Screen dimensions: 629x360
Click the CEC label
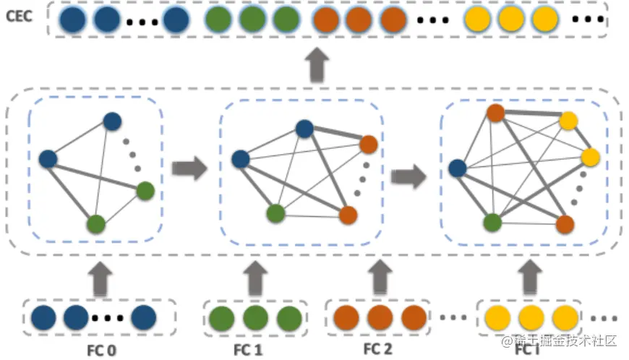click(x=19, y=17)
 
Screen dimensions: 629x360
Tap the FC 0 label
click(x=101, y=351)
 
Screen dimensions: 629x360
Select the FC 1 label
click(x=248, y=350)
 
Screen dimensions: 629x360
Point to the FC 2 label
click(x=377, y=348)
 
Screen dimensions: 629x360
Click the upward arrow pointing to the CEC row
click(x=317, y=65)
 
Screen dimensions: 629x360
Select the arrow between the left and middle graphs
click(x=189, y=168)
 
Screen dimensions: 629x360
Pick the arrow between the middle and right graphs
click(x=408, y=176)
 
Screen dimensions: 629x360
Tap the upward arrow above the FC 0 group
click(x=100, y=280)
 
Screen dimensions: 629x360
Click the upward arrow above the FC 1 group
click(x=255, y=278)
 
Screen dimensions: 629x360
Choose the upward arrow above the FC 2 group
click(x=380, y=278)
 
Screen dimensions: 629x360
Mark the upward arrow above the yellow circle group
click(x=530, y=277)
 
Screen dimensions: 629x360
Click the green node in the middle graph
click(x=275, y=213)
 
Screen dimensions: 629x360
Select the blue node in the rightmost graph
click(x=458, y=168)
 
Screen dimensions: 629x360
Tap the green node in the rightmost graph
click(x=492, y=223)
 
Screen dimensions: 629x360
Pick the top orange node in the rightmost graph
click(x=496, y=113)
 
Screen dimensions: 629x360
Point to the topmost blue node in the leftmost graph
click(x=112, y=121)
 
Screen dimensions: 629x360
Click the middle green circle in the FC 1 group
click(x=255, y=318)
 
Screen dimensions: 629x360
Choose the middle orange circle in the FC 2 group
click(x=380, y=317)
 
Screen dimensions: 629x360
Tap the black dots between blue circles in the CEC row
click(x=142, y=22)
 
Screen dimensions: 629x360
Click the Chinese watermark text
click(x=559, y=340)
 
